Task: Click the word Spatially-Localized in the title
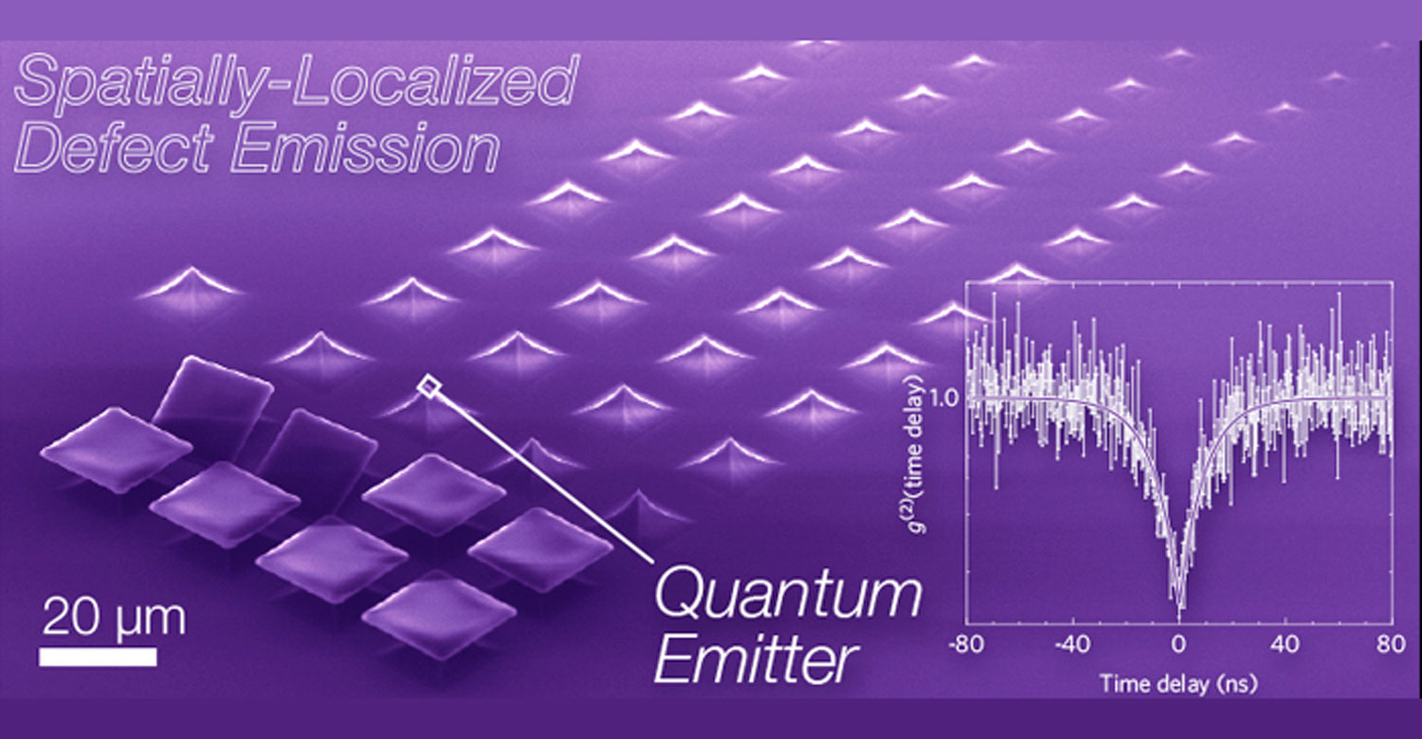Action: [296, 81]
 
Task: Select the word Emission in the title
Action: [366, 150]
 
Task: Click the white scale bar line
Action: [98, 658]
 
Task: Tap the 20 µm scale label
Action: [115, 618]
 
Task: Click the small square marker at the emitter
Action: [429, 387]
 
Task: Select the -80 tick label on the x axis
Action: [966, 645]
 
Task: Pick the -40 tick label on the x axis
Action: [1072, 645]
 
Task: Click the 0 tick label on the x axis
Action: [1179, 645]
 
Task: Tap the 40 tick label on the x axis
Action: [1285, 645]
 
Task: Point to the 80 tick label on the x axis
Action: [1391, 645]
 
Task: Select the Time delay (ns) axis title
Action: [1179, 684]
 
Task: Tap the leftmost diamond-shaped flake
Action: [117, 449]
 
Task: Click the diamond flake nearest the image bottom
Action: [439, 614]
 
